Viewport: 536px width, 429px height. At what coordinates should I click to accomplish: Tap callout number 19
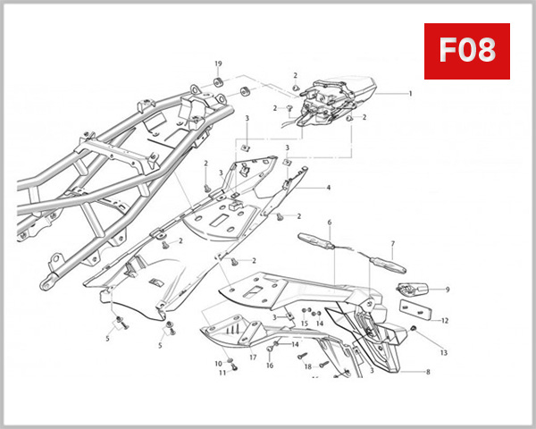(x=217, y=64)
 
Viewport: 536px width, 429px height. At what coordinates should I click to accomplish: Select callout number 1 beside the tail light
(x=410, y=93)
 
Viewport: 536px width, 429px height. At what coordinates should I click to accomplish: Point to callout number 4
(x=328, y=188)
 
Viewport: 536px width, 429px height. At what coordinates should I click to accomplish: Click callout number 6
(x=329, y=222)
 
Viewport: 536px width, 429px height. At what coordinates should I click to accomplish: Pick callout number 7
(x=391, y=243)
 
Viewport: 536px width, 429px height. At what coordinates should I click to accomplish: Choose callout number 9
(x=448, y=290)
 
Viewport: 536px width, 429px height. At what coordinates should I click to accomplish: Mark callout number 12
(x=445, y=320)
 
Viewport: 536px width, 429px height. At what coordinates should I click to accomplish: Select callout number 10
(x=217, y=363)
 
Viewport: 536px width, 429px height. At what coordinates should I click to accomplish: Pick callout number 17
(x=253, y=358)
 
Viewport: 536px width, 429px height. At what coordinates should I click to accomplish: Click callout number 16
(x=269, y=366)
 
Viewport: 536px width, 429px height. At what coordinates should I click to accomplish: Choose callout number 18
(x=307, y=366)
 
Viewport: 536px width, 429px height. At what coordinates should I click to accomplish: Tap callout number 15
(x=304, y=323)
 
